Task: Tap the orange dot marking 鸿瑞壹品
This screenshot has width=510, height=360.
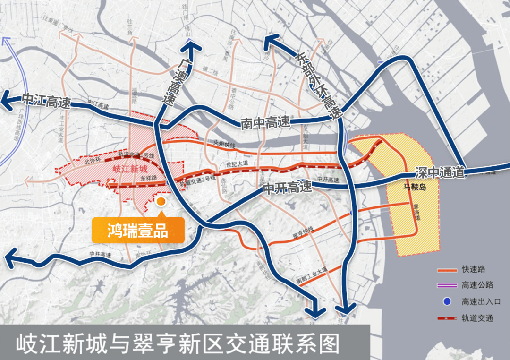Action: [161, 202]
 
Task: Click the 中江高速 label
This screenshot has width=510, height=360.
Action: [45, 100]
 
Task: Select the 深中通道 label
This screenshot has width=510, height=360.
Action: [441, 173]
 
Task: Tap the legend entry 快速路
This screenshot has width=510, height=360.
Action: [473, 270]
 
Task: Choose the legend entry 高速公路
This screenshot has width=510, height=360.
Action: [477, 285]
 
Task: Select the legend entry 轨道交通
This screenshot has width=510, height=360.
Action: [477, 318]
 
